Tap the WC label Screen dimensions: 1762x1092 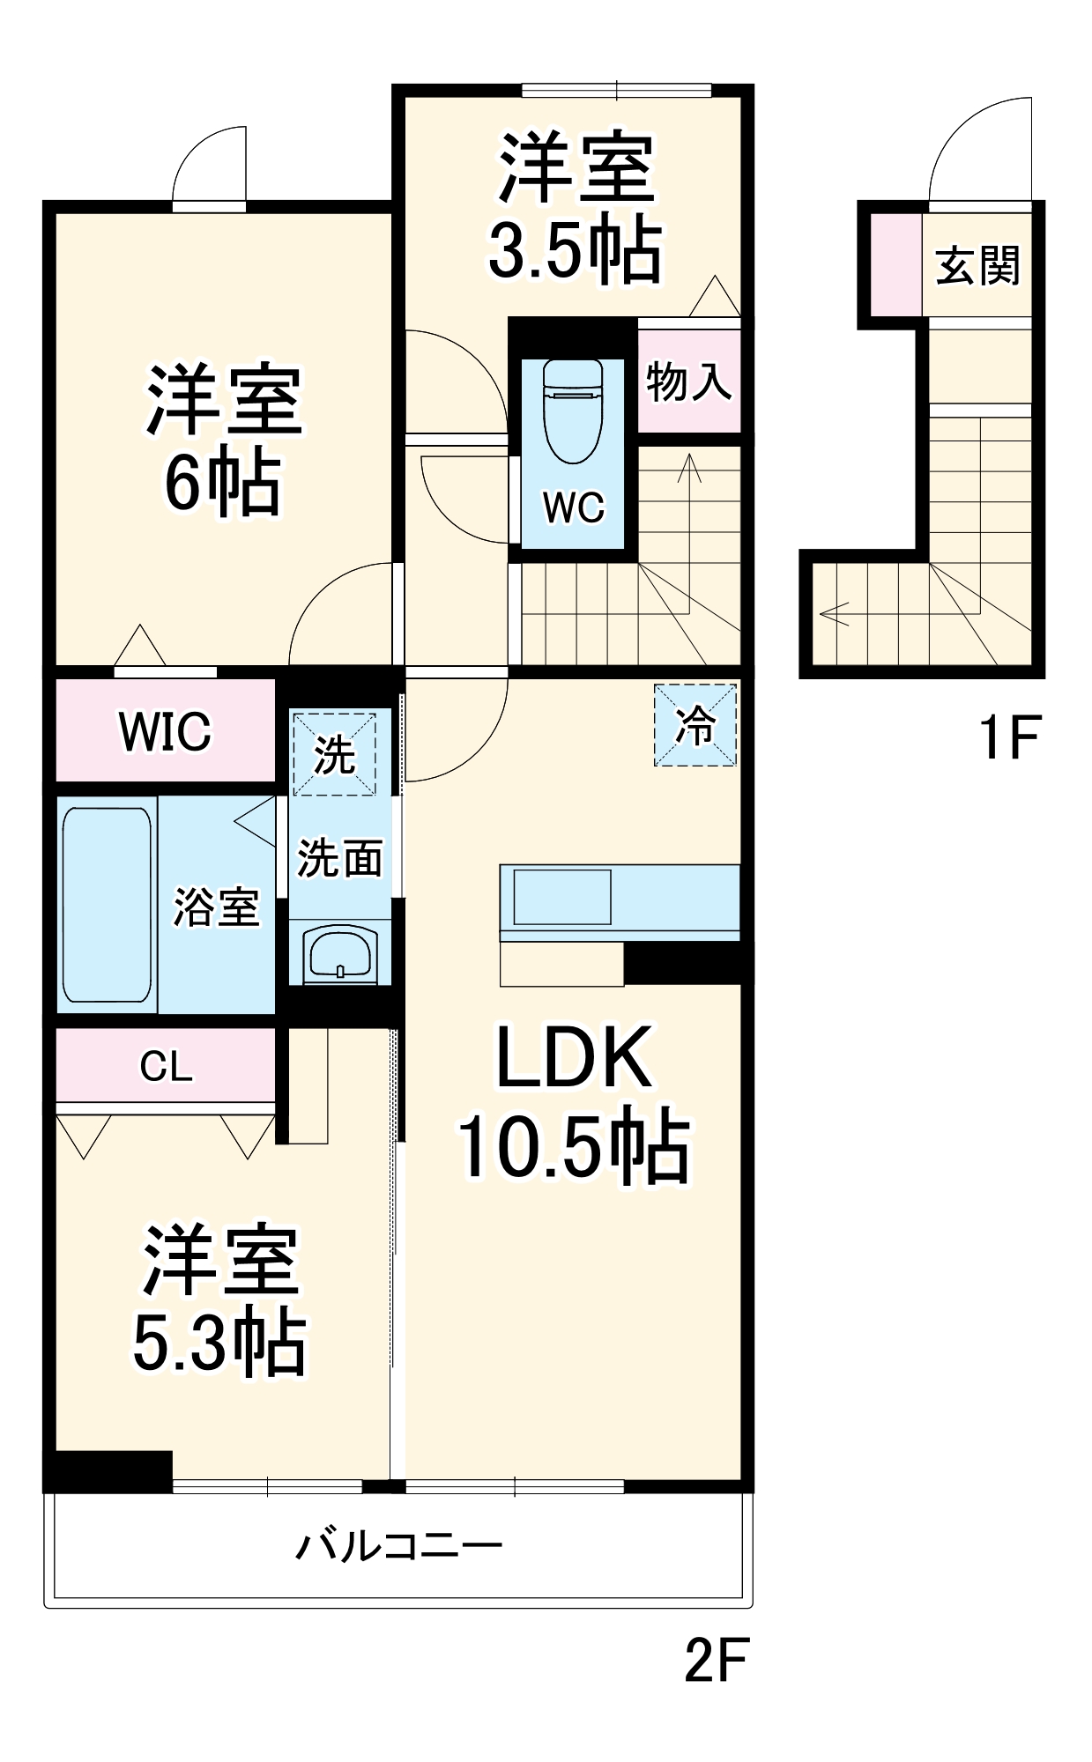tap(574, 507)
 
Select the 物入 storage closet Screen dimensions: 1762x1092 tap(688, 381)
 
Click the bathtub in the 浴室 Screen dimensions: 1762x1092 tap(107, 905)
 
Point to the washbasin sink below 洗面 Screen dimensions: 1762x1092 tap(340, 955)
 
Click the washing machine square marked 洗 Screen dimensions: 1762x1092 tap(334, 755)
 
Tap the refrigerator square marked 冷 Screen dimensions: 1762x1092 tap(695, 725)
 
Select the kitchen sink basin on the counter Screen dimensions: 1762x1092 tap(562, 897)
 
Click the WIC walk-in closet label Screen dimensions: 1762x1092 tap(166, 730)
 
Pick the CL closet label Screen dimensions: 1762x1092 tap(166, 1067)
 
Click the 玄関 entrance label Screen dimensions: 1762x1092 tap(977, 265)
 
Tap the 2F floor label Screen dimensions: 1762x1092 tap(716, 1661)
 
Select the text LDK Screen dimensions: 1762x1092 tap(574, 1057)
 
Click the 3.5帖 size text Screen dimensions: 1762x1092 tap(575, 251)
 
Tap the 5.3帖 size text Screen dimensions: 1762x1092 tap(219, 1345)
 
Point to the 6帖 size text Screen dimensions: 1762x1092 tap(223, 484)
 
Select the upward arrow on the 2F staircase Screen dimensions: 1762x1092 tap(689, 470)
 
